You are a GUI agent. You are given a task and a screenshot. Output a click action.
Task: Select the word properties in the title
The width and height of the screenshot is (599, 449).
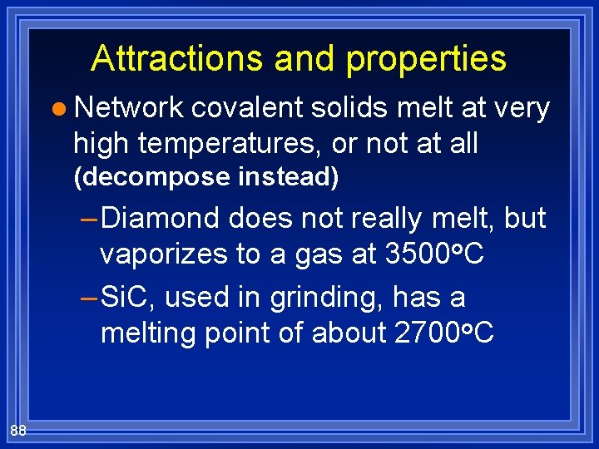point(426,58)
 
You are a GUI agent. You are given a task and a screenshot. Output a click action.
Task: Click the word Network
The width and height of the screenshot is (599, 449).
point(128,108)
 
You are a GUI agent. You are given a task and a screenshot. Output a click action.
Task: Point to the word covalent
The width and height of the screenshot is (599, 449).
point(247,108)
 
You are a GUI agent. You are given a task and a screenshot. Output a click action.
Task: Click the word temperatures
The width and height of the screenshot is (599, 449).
point(231,144)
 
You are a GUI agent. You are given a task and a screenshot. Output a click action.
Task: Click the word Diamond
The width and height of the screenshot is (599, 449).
point(161,219)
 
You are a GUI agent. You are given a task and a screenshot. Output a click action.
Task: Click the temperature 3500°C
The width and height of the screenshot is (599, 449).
point(435,254)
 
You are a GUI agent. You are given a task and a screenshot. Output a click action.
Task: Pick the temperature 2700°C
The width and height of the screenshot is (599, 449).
point(444,333)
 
